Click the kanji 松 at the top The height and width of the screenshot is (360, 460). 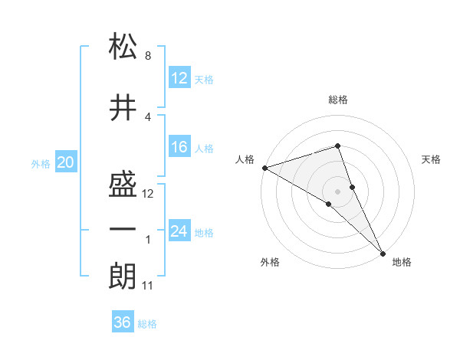point(123,46)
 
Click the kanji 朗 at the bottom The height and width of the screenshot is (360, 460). point(123,276)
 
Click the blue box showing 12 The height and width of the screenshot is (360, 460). point(179,78)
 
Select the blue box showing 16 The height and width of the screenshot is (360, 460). point(179,148)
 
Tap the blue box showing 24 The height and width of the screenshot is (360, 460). point(179,231)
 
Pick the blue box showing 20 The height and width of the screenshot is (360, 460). point(66,162)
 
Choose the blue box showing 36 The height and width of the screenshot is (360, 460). point(123,322)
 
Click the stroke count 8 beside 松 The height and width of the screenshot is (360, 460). point(147,57)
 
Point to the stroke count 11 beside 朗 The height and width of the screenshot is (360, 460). point(148,286)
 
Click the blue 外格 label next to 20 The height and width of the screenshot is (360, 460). point(41,163)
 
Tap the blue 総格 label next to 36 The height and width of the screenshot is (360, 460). point(147,324)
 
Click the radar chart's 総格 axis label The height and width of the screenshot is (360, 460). point(337,100)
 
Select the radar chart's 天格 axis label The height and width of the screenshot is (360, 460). point(432,159)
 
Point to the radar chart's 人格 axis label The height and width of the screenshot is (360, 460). point(245,159)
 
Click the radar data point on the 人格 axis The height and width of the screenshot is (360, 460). point(264,167)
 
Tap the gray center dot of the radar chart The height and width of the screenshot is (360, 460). point(337,191)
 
